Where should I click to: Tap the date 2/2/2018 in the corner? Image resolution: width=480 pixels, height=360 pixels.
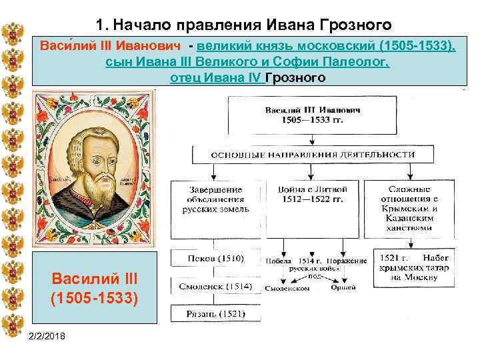49,340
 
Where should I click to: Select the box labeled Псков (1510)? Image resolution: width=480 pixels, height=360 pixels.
209,258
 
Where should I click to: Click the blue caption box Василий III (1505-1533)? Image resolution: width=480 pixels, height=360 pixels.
95,288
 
